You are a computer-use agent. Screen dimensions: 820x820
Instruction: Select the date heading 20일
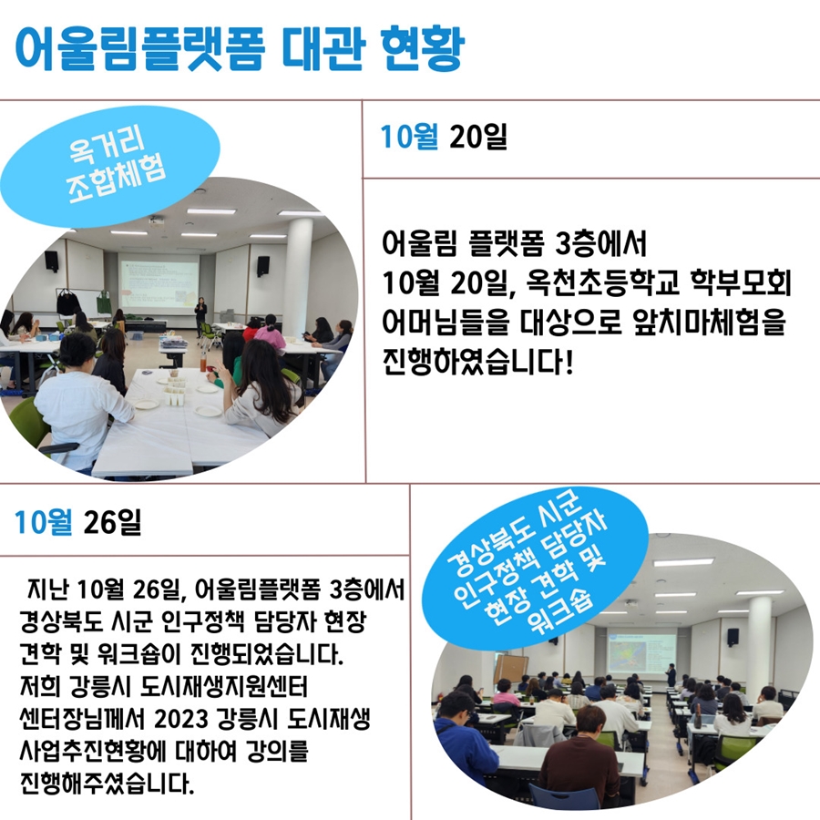[x=478, y=137]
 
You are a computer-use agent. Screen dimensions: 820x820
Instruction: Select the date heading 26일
[x=112, y=522]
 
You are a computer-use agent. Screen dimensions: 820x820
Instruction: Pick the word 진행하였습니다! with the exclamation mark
[x=478, y=362]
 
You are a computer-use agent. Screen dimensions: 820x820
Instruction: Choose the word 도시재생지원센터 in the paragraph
[x=224, y=687]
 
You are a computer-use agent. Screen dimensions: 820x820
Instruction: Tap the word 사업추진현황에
[x=92, y=752]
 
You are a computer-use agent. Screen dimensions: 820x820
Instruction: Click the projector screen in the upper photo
[x=159, y=283]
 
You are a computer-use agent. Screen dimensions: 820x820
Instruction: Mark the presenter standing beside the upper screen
[x=200, y=316]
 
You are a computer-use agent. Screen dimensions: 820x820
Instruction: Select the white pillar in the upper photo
[x=298, y=277]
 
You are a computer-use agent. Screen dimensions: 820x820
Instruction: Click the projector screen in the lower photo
[x=641, y=651]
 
